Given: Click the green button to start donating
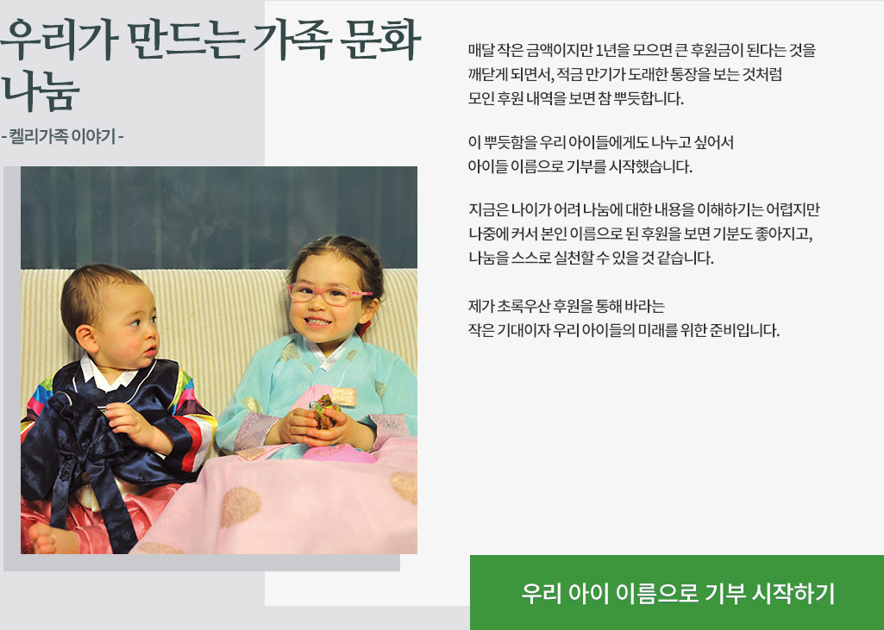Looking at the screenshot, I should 677,593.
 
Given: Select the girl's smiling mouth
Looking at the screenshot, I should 318,321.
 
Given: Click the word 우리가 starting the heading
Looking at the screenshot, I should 53,40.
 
